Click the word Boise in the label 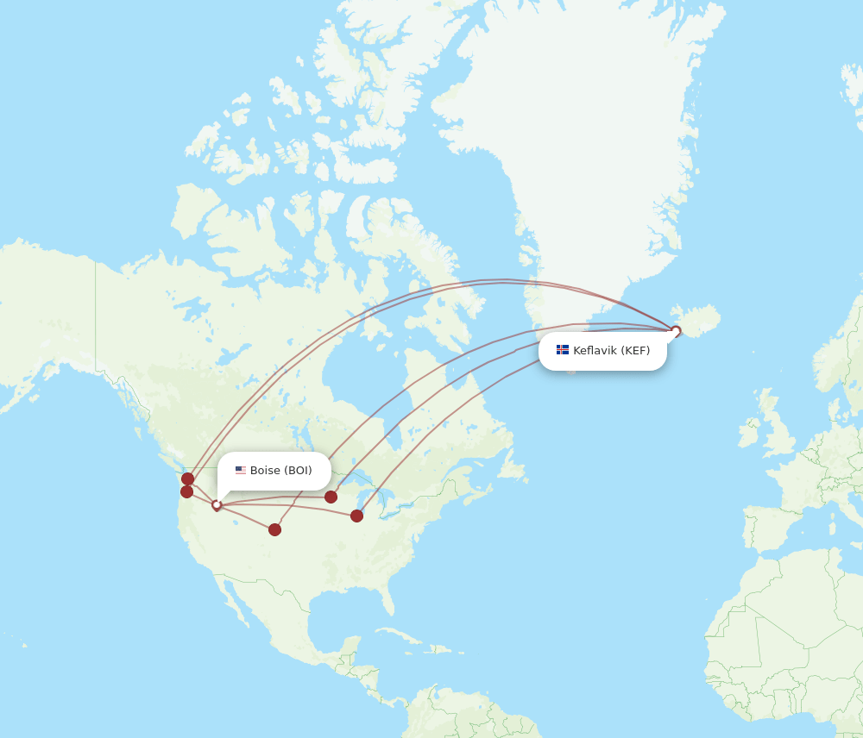(x=265, y=471)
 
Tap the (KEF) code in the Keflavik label (x=635, y=350)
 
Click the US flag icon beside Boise (x=241, y=471)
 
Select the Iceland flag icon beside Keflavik (x=563, y=350)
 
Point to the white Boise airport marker (x=217, y=505)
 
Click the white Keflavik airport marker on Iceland (x=676, y=330)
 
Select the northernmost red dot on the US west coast (x=188, y=478)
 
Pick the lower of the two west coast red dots (x=187, y=491)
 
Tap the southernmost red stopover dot (x=274, y=529)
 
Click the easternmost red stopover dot (x=356, y=516)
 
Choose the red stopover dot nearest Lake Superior (x=331, y=497)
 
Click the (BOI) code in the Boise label (x=298, y=471)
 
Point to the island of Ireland (x=750, y=432)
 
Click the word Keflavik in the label (x=595, y=350)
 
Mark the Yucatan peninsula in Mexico (x=345, y=651)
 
